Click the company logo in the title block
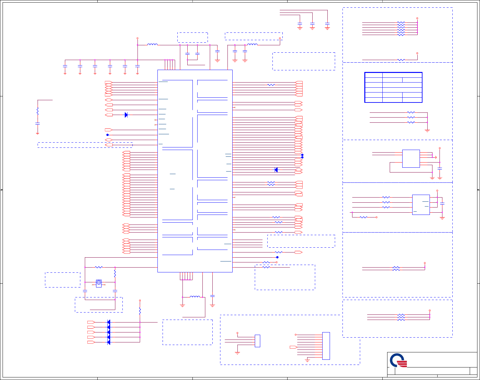[399, 360]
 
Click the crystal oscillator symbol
[99, 283]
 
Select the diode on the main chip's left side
[126, 115]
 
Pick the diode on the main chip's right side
[276, 170]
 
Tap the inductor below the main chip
[195, 297]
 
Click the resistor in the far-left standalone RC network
[38, 111]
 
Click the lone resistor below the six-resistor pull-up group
[401, 60]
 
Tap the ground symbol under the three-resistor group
[427, 130]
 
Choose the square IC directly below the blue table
[411, 158]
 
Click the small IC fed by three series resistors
[421, 205]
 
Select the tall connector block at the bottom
[326, 346]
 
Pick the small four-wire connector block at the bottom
[257, 341]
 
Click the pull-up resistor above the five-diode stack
[140, 311]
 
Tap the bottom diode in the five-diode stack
[109, 342]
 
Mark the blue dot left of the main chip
[108, 135]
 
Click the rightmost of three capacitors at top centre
[327, 24]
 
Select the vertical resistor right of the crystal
[115, 273]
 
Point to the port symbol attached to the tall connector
[293, 347]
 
